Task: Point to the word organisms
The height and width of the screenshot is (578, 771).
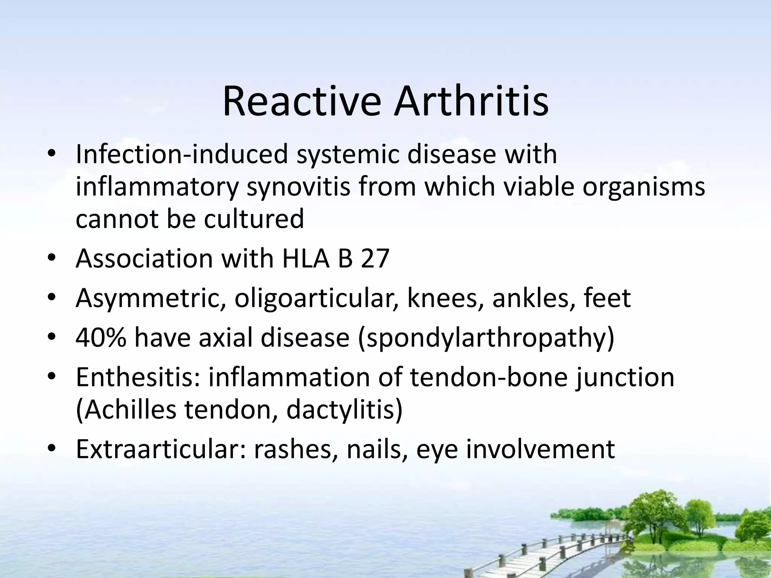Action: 643,187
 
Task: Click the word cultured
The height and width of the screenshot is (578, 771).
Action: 254,219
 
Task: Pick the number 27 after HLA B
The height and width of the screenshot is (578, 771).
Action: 375,259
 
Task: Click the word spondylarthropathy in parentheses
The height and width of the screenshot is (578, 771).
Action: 486,338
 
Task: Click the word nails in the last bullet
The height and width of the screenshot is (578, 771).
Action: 377,449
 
